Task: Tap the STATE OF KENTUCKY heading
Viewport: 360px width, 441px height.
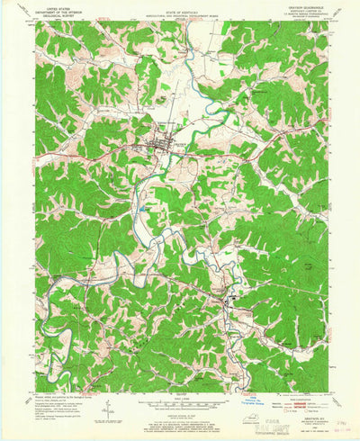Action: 180,12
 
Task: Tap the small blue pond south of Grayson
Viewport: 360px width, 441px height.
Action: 142,209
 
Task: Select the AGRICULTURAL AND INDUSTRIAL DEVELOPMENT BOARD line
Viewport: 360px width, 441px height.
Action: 180,18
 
